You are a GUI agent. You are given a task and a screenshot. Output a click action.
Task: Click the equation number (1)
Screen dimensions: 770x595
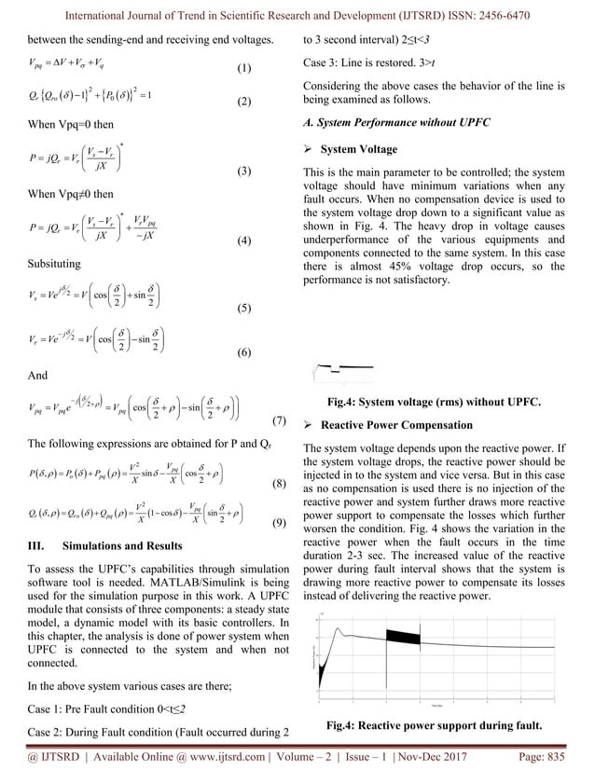(243, 69)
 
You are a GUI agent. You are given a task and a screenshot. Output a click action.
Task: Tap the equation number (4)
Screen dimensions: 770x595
(243, 241)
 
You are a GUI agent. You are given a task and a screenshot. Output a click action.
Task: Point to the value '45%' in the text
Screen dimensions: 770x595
(411, 267)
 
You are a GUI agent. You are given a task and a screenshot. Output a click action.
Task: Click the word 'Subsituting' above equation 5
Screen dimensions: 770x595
(54, 264)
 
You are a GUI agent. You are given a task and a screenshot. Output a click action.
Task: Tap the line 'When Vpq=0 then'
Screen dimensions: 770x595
(71, 124)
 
